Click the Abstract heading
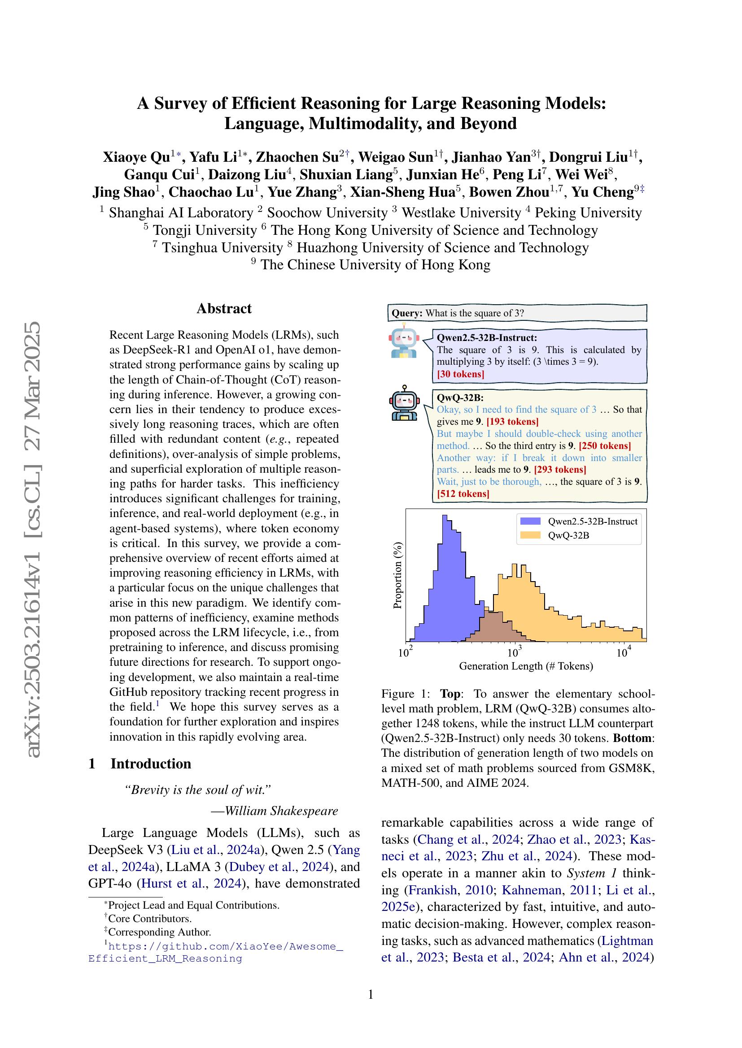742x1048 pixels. [224, 309]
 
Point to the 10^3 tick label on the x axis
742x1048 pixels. [514, 653]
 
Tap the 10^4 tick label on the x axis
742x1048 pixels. [623, 653]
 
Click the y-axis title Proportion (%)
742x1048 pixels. [398, 575]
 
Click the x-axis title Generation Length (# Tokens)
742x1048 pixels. [526, 666]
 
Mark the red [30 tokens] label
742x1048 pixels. [460, 374]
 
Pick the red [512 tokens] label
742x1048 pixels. [463, 494]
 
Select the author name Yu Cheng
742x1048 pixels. [602, 192]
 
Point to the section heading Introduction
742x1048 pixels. [150, 763]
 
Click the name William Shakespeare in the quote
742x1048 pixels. [281, 811]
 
